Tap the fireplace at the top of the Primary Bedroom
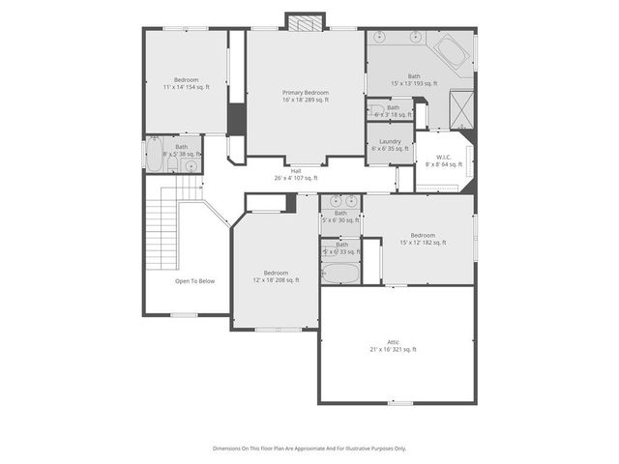click(305, 21)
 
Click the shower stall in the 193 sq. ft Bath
click(461, 108)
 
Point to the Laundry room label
click(390, 142)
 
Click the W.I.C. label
click(444, 158)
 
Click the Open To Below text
click(194, 281)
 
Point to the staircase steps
click(164, 227)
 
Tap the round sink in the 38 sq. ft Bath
click(191, 165)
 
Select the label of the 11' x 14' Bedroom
click(187, 79)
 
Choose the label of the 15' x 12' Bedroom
click(423, 236)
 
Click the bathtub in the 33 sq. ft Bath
click(338, 273)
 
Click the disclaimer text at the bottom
click(309, 449)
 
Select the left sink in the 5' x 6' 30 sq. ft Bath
click(332, 202)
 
